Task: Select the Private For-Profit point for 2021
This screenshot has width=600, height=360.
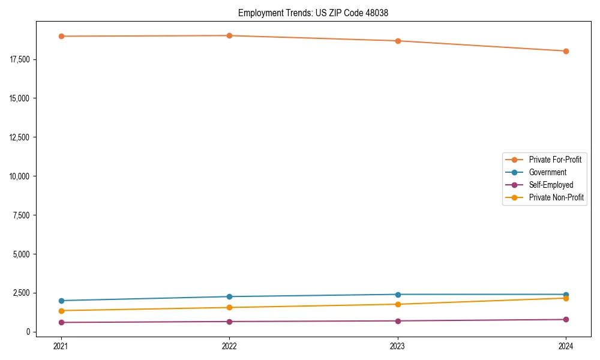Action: pyautogui.click(x=61, y=36)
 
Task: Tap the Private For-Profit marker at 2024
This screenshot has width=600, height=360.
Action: pyautogui.click(x=566, y=51)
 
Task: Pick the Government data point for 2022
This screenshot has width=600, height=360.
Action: pyautogui.click(x=229, y=296)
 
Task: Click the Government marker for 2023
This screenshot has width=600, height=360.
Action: pyautogui.click(x=398, y=295)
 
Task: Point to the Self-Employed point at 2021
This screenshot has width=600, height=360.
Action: pyautogui.click(x=61, y=322)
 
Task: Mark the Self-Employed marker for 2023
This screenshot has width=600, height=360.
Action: pyautogui.click(x=398, y=321)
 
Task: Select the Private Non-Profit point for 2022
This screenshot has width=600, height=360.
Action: pyautogui.click(x=229, y=308)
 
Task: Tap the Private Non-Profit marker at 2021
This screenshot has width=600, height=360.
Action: pyautogui.click(x=61, y=311)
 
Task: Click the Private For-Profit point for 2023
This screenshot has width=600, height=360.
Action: pyautogui.click(x=398, y=41)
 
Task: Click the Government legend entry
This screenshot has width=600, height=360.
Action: pyautogui.click(x=547, y=172)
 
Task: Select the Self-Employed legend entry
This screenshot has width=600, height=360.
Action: pyautogui.click(x=551, y=185)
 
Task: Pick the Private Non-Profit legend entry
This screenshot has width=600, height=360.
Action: pyautogui.click(x=556, y=197)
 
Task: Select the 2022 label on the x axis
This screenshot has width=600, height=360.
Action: pyautogui.click(x=229, y=346)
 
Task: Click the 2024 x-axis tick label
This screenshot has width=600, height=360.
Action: pyautogui.click(x=566, y=346)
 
